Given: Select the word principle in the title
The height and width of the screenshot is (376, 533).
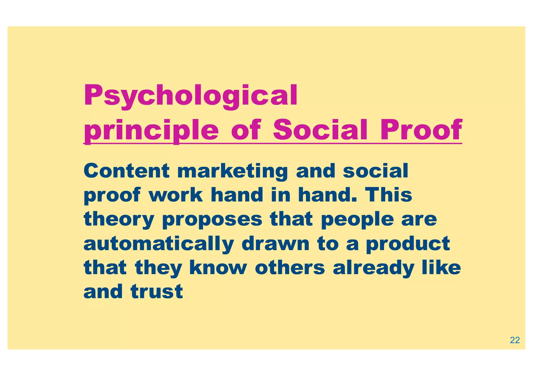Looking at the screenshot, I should [x=151, y=130].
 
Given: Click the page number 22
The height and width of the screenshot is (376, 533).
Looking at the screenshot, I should [x=515, y=340].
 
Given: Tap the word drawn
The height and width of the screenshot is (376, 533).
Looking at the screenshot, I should [x=275, y=243].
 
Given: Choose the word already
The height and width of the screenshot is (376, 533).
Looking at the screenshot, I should [x=373, y=268].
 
